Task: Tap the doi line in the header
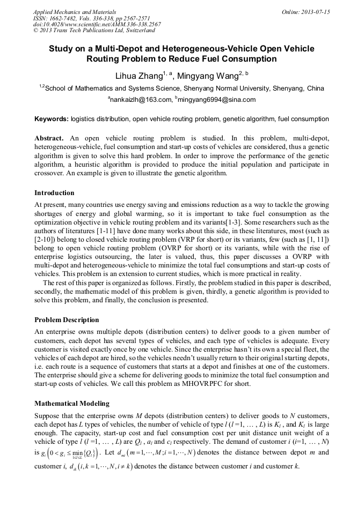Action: tap(97, 24)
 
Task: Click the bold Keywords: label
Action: tap(51, 118)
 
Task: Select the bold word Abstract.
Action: tap(49, 138)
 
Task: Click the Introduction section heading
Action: tap(54, 192)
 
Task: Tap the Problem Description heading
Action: tap(67, 320)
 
